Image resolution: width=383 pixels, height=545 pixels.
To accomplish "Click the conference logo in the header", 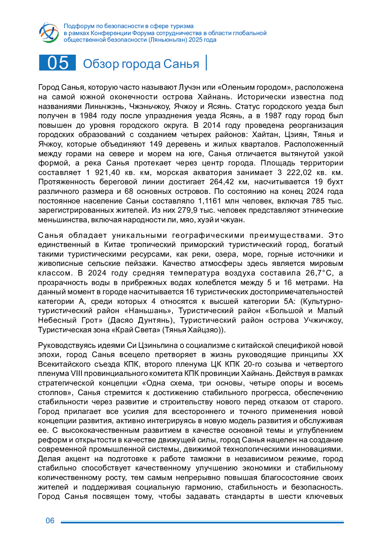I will (x=49, y=32).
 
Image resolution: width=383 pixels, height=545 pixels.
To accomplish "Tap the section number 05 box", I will (x=58, y=63).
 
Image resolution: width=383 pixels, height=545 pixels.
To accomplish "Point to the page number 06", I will (x=50, y=521).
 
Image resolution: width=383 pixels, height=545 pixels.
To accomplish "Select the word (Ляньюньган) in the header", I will (x=167, y=40).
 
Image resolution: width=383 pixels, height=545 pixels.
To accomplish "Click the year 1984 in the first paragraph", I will (x=88, y=116).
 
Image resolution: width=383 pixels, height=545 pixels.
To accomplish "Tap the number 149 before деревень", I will (x=156, y=144).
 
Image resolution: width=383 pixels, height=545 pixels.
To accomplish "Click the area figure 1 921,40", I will (x=103, y=173).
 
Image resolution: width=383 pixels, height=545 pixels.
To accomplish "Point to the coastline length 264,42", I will (x=222, y=182).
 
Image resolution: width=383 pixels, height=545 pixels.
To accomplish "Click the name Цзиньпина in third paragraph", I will (x=161, y=346).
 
